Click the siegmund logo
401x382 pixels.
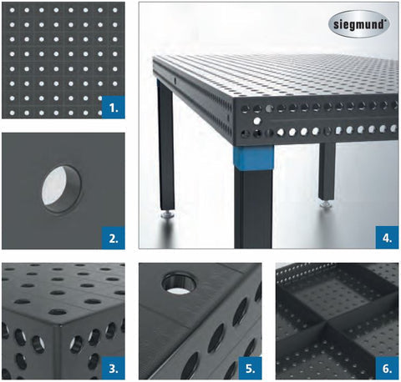(x=359, y=24)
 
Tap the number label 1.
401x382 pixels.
(x=114, y=108)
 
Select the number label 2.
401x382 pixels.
(x=114, y=238)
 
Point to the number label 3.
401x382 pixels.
(x=114, y=368)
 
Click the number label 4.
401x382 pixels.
(x=387, y=238)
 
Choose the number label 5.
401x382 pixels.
(x=251, y=368)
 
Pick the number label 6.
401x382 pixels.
(x=387, y=368)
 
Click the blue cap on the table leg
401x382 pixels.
(x=253, y=158)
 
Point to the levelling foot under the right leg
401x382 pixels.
(x=327, y=204)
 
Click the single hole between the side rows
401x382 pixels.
(x=257, y=121)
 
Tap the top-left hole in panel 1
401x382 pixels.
(x=12, y=10)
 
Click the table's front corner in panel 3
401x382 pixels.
(x=60, y=324)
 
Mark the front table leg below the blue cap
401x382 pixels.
(x=253, y=209)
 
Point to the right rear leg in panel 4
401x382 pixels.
(x=327, y=171)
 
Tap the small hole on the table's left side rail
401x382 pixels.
(x=175, y=81)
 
